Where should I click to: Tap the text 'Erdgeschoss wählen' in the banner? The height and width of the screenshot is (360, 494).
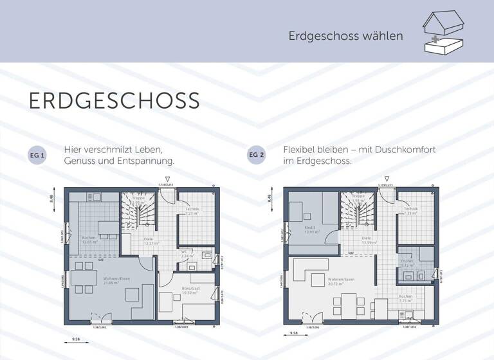coord(346,36)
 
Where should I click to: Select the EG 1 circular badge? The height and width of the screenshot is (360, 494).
coord(37,156)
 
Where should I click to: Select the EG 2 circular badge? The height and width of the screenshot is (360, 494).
coord(256,156)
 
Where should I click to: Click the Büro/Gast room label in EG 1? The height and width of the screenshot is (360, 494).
coord(190,289)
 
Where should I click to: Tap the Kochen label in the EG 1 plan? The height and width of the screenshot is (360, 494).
coord(89,239)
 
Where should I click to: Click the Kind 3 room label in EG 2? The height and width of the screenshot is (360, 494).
coord(309,229)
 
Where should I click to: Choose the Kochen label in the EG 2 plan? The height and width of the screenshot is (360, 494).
coord(405,298)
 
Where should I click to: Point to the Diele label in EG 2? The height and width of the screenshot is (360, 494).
coord(368,239)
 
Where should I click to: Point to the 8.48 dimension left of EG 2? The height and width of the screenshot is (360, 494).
coord(270,197)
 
